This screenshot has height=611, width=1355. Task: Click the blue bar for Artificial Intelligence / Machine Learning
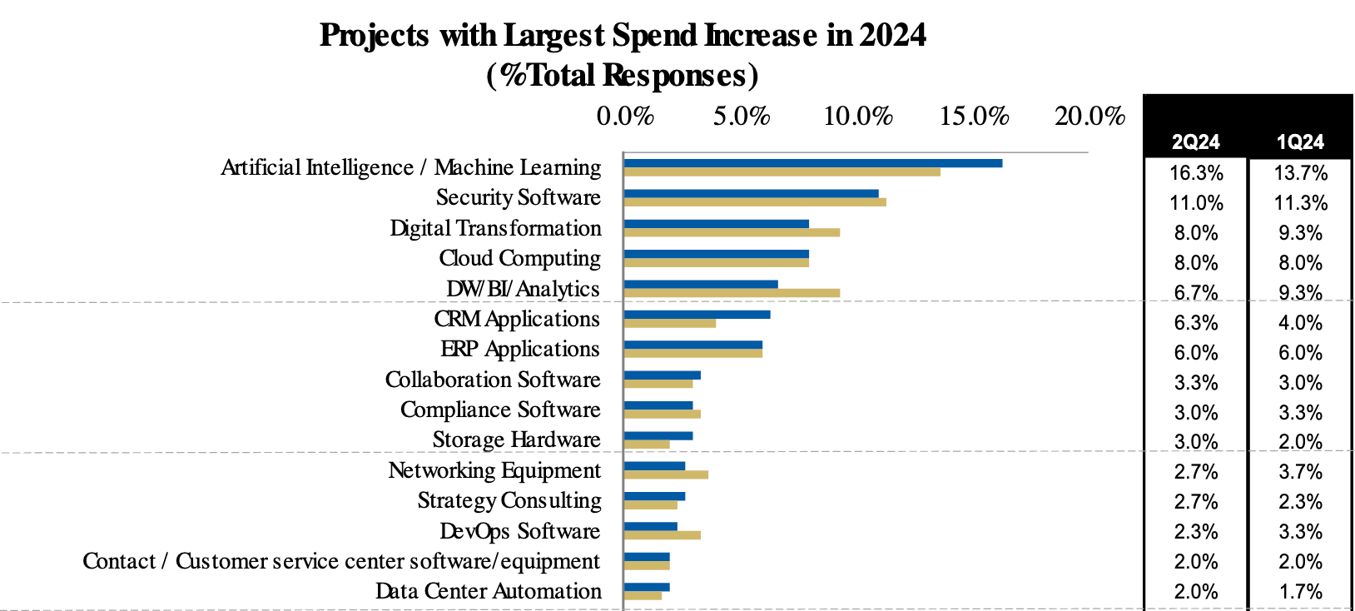812,163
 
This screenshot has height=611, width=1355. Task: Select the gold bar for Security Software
754,202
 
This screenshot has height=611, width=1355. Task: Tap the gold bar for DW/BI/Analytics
732,293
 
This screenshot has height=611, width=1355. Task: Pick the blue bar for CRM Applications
697,315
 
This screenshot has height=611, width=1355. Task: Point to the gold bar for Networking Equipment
666,474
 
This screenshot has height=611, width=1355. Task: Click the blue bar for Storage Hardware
658,435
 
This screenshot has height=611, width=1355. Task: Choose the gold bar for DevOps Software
662,535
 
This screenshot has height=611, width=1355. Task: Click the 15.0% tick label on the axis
974,117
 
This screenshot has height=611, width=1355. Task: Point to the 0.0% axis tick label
625,117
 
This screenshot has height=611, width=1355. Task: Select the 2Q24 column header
1195,142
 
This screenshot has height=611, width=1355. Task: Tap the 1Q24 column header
1300,142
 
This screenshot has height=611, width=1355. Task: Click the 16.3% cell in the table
1196,173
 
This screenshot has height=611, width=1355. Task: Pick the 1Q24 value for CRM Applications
1300,323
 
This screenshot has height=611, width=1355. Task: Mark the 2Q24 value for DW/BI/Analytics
1196,293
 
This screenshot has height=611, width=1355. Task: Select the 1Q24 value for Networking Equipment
1300,472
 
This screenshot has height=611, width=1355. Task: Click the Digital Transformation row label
495,228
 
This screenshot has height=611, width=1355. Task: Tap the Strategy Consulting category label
509,500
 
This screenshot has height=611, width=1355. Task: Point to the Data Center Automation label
488,591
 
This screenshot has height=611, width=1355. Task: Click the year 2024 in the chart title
892,35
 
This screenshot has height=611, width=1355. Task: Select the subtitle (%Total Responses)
623,75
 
